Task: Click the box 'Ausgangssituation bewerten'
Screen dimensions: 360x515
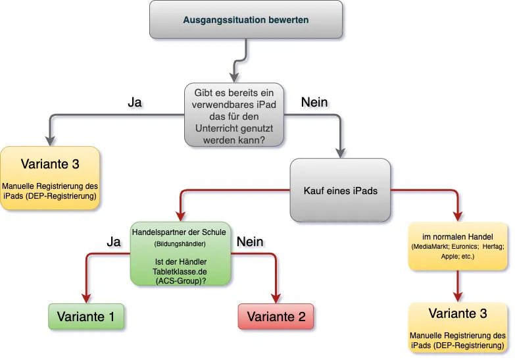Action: pyautogui.click(x=246, y=20)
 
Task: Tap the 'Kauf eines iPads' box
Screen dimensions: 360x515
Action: pyautogui.click(x=340, y=191)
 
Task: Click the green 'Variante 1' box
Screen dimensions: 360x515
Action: pyautogui.click(x=86, y=317)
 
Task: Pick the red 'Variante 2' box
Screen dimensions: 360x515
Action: pyautogui.click(x=276, y=317)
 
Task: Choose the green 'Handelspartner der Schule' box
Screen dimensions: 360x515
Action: pyautogui.click(x=180, y=253)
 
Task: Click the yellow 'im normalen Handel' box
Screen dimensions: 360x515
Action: pyautogui.click(x=459, y=245)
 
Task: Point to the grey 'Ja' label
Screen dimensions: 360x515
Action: pyautogui.click(x=134, y=103)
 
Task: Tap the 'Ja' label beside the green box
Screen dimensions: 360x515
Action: pyautogui.click(x=113, y=242)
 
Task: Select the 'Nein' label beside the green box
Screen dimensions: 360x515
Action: pyautogui.click(x=249, y=242)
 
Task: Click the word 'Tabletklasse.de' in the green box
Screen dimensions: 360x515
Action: pyautogui.click(x=180, y=271)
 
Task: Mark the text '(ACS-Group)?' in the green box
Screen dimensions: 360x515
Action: pyautogui.click(x=180, y=280)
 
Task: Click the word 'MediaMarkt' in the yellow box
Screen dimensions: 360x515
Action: pyautogui.click(x=432, y=246)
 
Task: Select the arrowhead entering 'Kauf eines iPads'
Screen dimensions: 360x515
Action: pyautogui.click(x=340, y=153)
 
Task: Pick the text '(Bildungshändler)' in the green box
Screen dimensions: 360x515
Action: pyautogui.click(x=180, y=244)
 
